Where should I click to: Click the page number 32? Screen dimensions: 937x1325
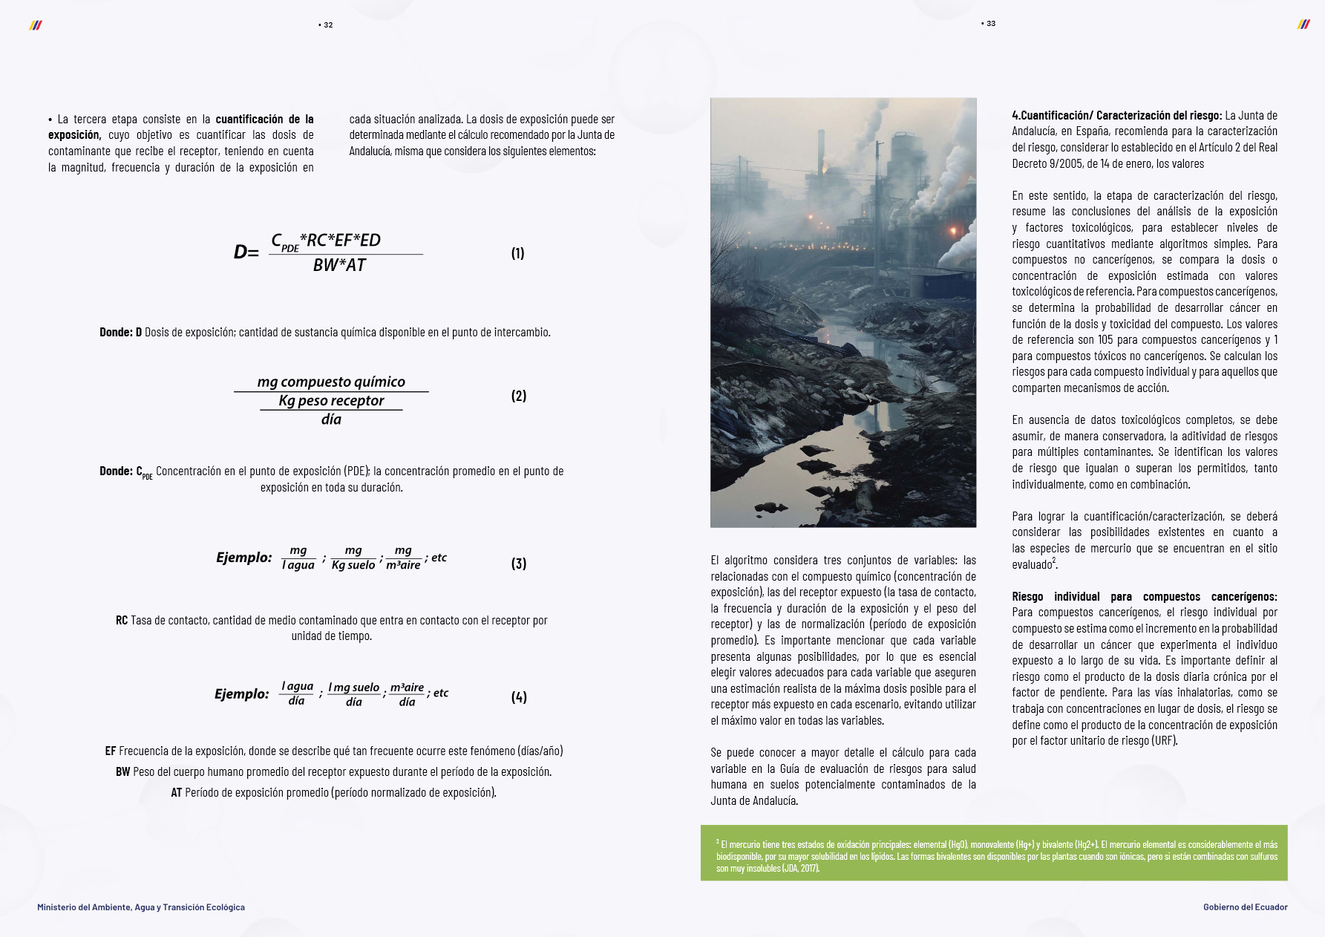click(327, 25)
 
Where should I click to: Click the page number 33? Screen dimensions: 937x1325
click(989, 24)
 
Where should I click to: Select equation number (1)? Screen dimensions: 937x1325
click(517, 253)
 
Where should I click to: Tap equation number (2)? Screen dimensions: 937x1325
click(518, 396)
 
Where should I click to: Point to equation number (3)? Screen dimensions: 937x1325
click(518, 564)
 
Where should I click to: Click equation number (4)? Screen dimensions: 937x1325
click(518, 697)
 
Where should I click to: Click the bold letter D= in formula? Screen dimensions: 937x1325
click(246, 252)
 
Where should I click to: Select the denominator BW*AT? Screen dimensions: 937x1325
click(339, 265)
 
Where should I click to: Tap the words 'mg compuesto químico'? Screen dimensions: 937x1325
click(331, 382)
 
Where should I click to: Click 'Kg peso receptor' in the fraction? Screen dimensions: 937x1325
click(331, 401)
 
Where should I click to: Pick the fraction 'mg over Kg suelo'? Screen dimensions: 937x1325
click(353, 558)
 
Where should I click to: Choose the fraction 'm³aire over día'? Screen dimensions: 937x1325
click(407, 694)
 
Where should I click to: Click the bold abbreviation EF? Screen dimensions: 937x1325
click(111, 751)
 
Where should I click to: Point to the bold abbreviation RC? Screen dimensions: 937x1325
click(122, 621)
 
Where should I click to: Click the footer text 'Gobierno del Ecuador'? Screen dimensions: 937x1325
click(1245, 907)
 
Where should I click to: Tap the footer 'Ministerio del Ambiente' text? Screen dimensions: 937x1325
click(141, 907)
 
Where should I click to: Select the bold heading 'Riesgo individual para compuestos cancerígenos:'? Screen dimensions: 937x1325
click(1144, 597)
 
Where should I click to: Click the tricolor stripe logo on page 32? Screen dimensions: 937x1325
click(36, 25)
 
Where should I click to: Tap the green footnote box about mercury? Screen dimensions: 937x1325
click(994, 853)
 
